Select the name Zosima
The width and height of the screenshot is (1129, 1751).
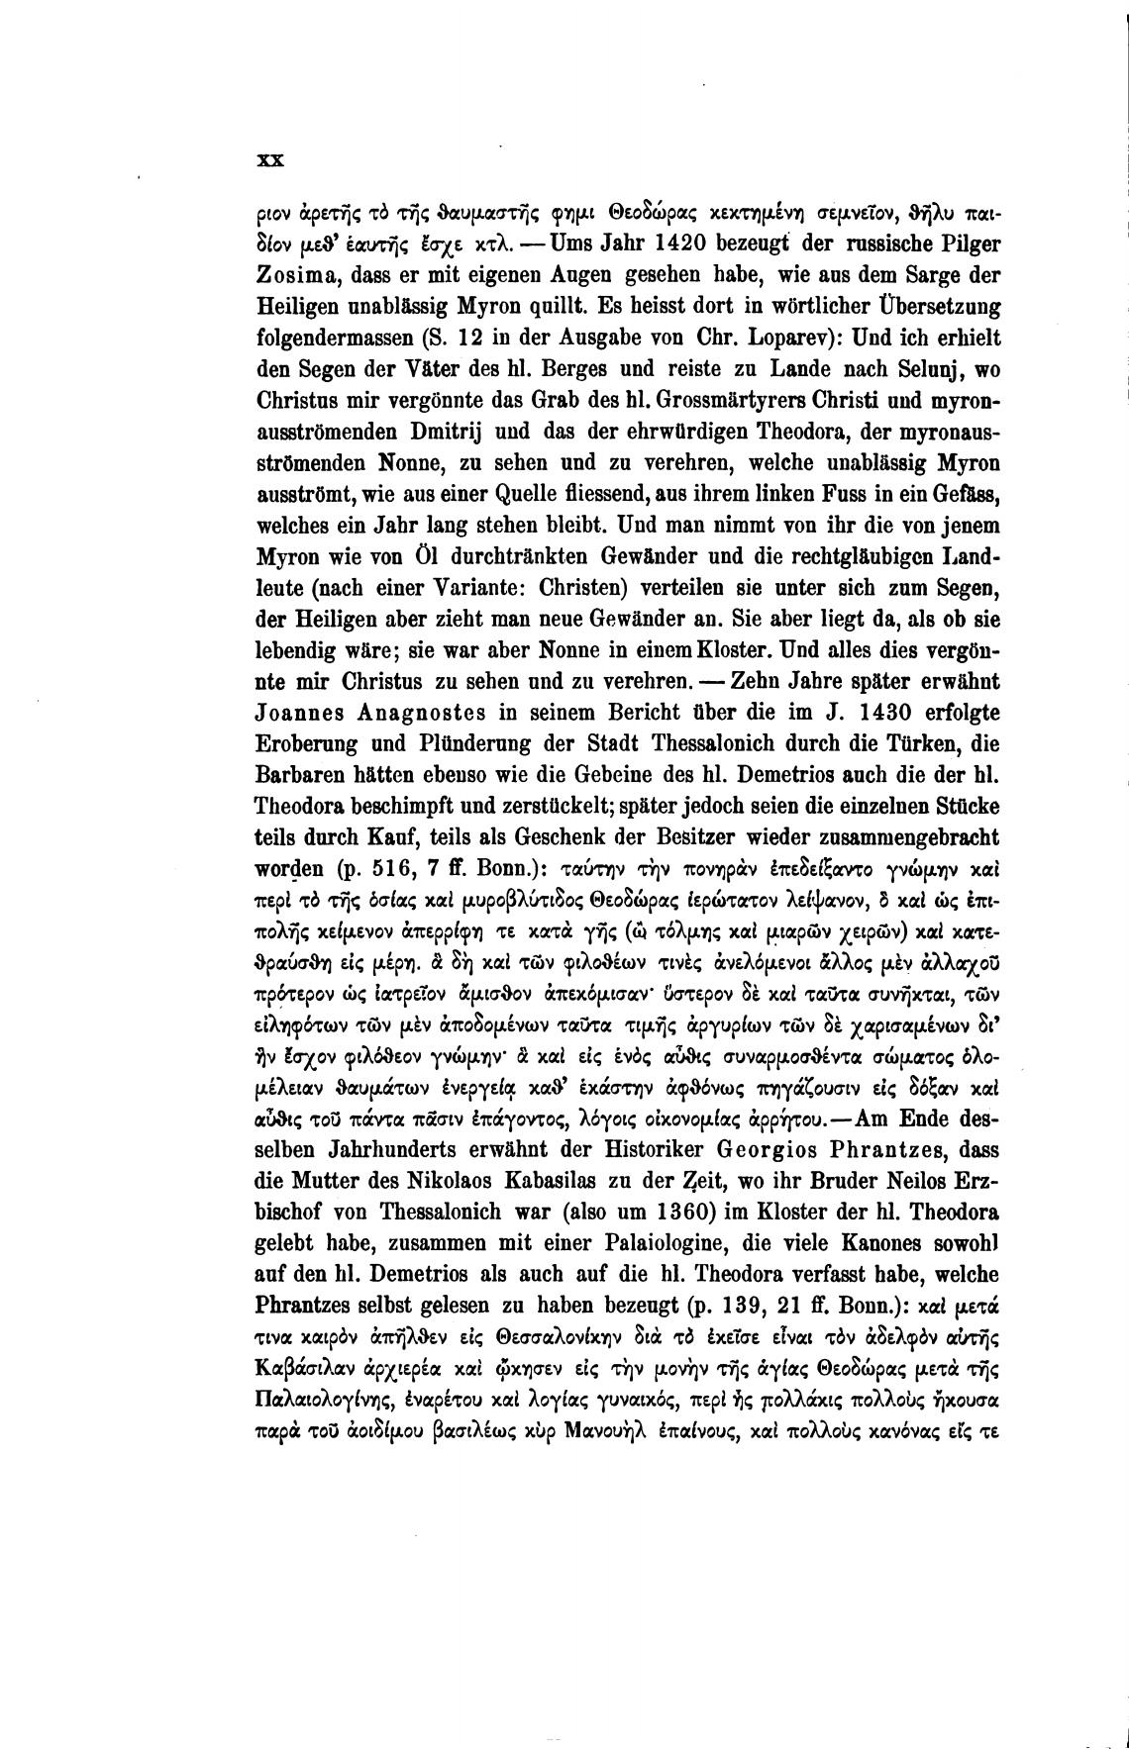tap(298, 273)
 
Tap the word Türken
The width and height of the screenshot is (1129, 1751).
tap(946, 745)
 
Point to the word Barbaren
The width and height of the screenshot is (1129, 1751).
tap(302, 777)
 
